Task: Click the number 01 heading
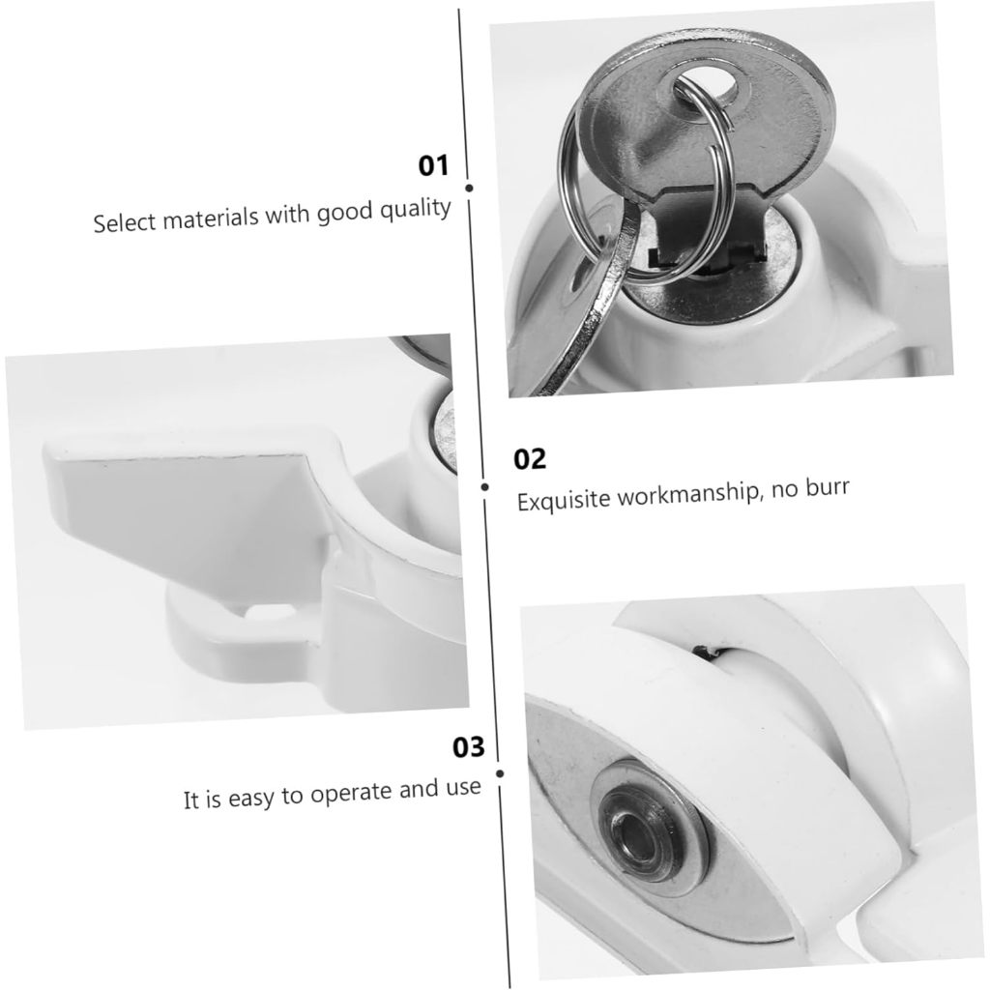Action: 433,166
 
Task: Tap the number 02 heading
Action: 530,459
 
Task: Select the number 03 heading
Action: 469,747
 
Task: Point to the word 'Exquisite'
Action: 565,500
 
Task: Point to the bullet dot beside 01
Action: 469,189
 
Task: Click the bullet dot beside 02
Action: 485,487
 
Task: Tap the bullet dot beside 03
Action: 500,773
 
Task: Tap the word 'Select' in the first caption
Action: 123,223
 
